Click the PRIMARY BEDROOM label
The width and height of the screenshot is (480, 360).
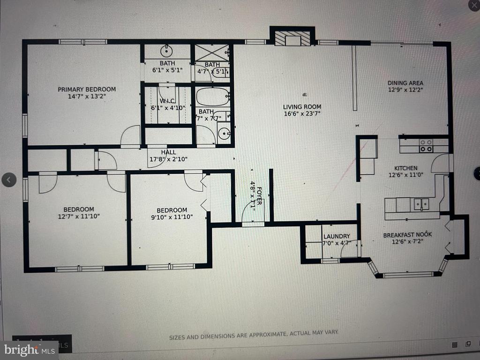(x=87, y=89)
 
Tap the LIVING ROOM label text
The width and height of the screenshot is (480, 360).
(x=302, y=107)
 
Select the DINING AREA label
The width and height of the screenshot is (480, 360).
(x=405, y=83)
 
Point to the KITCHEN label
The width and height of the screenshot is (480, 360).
(x=405, y=168)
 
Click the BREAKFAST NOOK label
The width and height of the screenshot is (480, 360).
(x=407, y=235)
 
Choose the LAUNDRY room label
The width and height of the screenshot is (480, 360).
(x=337, y=236)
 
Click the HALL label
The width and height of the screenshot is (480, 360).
(x=168, y=152)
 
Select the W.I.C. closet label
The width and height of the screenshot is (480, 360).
(x=167, y=100)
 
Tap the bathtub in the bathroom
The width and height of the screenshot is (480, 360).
(x=212, y=97)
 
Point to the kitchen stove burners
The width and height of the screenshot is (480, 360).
(x=426, y=146)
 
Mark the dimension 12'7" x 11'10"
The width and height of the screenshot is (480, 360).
(x=79, y=216)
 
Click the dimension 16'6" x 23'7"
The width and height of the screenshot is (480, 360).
(x=302, y=113)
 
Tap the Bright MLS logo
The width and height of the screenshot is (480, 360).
(x=29, y=349)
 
